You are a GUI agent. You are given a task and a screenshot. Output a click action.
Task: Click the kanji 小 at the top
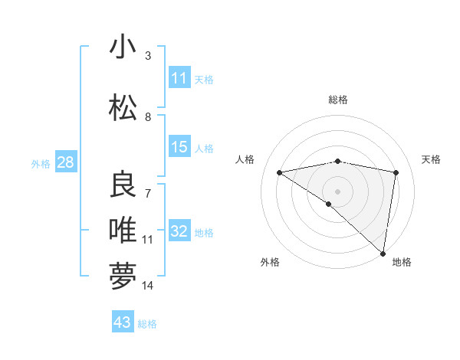(x=123, y=47)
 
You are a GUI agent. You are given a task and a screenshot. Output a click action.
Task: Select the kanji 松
(x=123, y=109)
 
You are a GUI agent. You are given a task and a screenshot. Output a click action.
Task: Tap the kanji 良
(x=123, y=185)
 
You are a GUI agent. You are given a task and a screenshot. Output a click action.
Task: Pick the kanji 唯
(x=123, y=230)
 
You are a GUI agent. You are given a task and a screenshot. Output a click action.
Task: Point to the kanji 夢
(x=123, y=275)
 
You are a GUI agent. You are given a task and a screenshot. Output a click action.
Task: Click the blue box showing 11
(x=179, y=78)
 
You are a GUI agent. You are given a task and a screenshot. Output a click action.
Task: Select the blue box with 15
(x=179, y=147)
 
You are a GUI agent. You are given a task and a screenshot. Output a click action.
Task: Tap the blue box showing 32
(x=179, y=231)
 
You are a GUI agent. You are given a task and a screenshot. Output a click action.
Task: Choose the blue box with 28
(x=65, y=162)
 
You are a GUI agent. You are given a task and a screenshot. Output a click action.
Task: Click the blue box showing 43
(x=122, y=322)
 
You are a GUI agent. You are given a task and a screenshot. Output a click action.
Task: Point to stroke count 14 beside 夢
(x=148, y=286)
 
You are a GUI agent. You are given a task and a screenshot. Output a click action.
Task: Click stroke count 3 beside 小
(x=148, y=56)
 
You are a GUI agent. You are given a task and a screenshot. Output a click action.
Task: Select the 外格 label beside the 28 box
(x=41, y=164)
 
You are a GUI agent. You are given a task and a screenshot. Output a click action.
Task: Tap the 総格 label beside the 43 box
(x=147, y=324)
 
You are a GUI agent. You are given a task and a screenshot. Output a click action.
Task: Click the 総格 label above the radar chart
(x=337, y=100)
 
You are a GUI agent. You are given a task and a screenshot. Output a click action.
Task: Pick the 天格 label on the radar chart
(x=432, y=159)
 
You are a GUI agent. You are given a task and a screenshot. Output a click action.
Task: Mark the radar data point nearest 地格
(x=383, y=254)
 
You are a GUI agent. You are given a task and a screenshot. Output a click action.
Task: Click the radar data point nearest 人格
(x=280, y=172)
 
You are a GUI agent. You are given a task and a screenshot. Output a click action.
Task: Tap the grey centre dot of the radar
(x=337, y=190)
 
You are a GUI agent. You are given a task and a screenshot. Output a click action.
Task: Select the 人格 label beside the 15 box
(x=204, y=148)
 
